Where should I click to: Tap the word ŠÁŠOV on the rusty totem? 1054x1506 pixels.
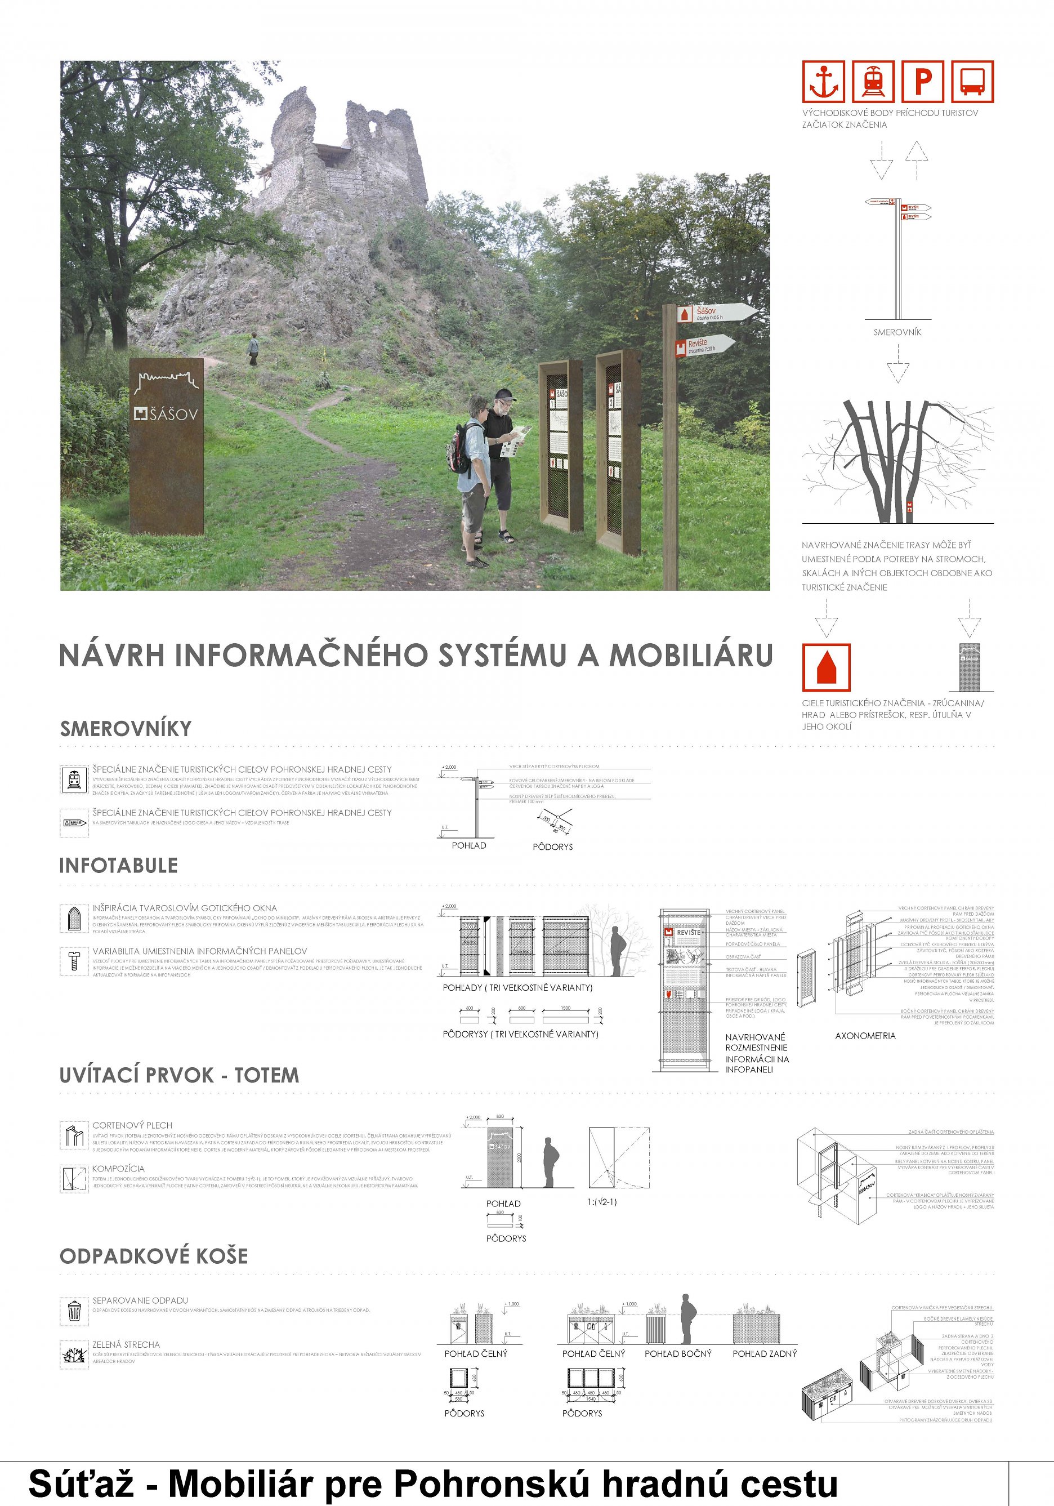[x=172, y=414]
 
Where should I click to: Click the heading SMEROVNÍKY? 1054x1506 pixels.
[x=125, y=728]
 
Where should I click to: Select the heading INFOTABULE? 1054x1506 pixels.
[x=118, y=865]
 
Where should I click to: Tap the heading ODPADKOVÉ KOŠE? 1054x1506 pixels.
[x=154, y=1255]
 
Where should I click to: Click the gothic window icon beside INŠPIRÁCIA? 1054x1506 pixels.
[x=74, y=917]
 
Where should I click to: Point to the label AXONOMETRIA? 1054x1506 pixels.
[x=864, y=1036]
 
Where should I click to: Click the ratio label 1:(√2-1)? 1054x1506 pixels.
[x=601, y=1202]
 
